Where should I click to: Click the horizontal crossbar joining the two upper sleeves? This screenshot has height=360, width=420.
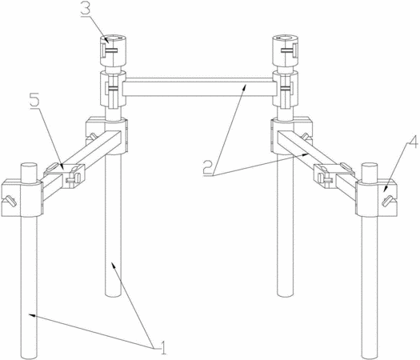[x=199, y=88]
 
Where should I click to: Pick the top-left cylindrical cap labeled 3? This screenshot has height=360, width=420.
[x=114, y=50]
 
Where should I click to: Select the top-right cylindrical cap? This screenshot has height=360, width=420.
[x=286, y=50]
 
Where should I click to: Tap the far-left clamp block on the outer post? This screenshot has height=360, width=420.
[x=22, y=198]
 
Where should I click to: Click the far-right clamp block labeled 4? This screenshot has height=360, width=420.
[x=377, y=198]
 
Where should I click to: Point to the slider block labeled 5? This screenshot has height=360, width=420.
[x=64, y=175]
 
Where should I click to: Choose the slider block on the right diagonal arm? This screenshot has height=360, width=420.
[x=334, y=175]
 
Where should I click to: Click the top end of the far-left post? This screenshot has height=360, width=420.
[x=29, y=166]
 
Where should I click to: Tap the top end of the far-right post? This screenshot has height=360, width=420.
[x=370, y=166]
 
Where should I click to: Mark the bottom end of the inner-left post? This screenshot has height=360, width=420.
[x=113, y=294]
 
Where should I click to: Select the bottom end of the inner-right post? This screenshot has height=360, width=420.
[x=286, y=294]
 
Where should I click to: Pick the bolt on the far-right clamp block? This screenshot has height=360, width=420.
[x=387, y=201]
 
